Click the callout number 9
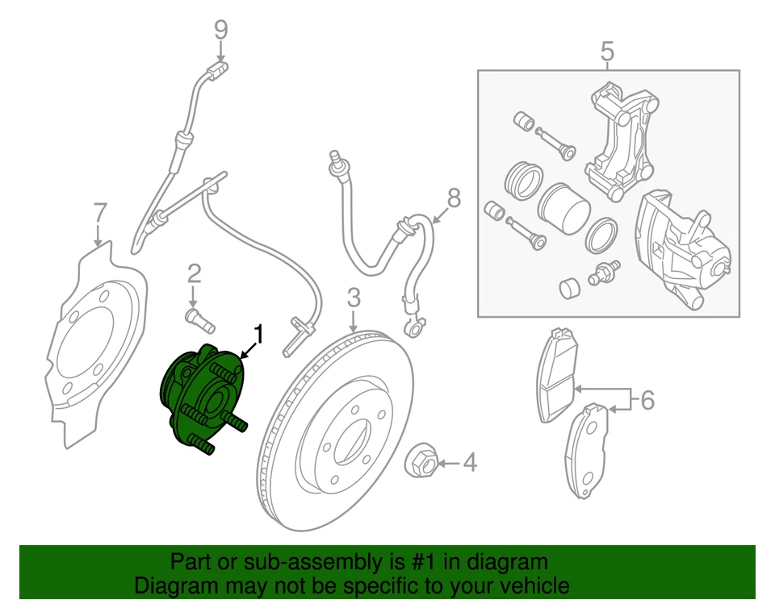220,30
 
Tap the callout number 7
99,214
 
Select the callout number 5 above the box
607,52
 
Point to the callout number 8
454,198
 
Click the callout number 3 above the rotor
354,298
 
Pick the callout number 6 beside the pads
647,400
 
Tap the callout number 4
469,463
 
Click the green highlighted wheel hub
198,392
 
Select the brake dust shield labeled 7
93,339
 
